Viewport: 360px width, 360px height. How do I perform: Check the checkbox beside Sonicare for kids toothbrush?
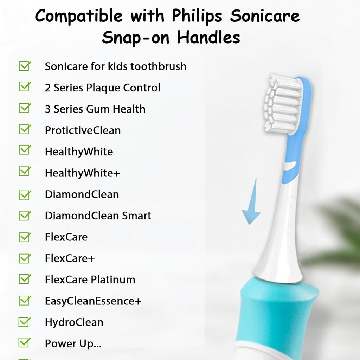click(x=25, y=66)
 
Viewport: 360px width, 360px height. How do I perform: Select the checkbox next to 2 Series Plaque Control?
click(x=25, y=87)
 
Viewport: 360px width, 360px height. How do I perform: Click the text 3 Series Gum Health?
click(x=95, y=109)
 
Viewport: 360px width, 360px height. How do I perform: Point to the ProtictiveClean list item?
click(x=83, y=130)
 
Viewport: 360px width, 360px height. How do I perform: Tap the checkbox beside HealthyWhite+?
click(x=25, y=172)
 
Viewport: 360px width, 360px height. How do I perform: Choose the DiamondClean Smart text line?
click(x=98, y=216)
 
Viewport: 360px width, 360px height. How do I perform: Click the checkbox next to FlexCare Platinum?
click(x=25, y=279)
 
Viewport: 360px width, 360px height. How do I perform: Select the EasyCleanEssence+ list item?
click(x=93, y=301)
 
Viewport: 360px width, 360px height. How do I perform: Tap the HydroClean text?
click(x=74, y=322)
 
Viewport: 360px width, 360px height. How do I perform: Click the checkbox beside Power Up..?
click(x=25, y=343)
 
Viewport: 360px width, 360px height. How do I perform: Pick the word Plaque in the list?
click(x=103, y=88)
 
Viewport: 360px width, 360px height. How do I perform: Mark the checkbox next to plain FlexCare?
click(x=25, y=237)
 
